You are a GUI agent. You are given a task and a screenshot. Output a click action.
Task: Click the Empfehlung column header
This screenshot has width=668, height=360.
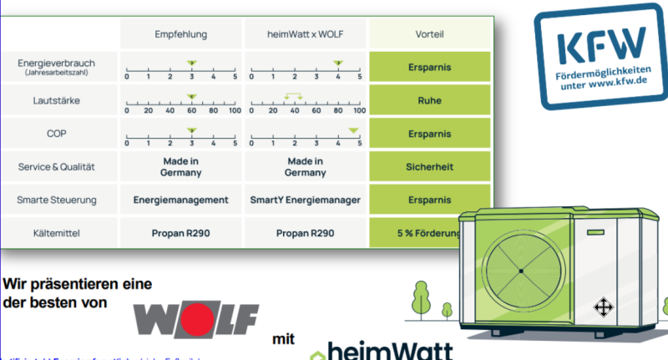(180, 35)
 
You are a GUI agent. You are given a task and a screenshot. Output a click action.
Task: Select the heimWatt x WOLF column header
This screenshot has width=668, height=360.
(305, 35)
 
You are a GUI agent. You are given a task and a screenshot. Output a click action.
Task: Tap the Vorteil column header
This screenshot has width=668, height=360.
(429, 35)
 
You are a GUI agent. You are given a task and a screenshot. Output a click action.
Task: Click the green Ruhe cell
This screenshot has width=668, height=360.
(429, 100)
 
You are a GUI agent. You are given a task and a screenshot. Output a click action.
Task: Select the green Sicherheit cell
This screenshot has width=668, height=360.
(429, 166)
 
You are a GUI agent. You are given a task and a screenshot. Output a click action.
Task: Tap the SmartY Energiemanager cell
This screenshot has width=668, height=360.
(305, 200)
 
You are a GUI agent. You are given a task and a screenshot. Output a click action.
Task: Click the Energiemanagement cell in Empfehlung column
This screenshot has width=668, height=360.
(180, 200)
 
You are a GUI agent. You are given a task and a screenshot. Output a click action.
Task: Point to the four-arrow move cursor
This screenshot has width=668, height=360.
(601, 307)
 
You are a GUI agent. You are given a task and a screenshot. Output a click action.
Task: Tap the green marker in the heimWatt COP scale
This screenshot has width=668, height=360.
(353, 129)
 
